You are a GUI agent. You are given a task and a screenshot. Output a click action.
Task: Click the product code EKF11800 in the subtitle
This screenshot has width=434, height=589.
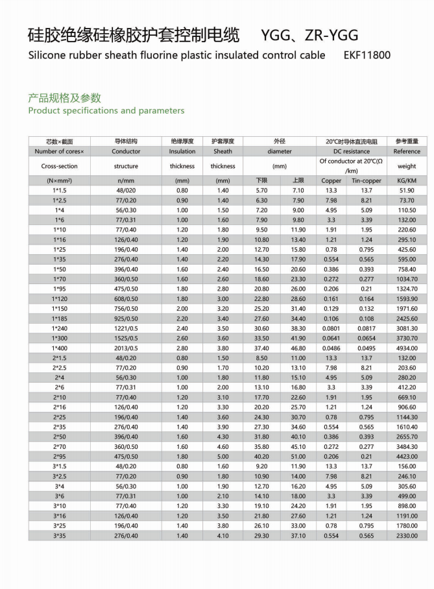pos(367,56)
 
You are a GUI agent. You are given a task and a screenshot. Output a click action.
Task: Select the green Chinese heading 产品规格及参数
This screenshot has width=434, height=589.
pos(65,98)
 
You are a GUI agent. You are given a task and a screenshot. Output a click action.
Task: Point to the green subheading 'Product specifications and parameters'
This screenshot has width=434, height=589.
pos(106,110)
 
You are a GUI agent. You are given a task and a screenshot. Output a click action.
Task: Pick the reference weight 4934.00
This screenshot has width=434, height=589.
pos(407,348)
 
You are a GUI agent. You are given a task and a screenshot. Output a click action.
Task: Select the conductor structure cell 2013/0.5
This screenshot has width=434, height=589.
pos(126,348)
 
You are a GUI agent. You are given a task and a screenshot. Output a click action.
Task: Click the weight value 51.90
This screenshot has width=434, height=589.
pos(407,191)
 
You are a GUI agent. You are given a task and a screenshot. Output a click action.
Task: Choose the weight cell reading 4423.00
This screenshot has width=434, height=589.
pos(407,457)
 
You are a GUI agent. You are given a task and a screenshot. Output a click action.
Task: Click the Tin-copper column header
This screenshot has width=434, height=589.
pos(367,180)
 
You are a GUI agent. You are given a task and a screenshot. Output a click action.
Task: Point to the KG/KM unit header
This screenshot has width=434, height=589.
pos(407,180)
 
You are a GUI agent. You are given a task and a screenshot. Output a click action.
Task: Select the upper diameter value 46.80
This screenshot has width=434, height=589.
pos(298,348)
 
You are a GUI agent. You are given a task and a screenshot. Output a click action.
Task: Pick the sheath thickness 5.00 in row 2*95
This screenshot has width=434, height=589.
pos(223,457)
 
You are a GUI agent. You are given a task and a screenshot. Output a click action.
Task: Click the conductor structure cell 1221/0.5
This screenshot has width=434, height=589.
pos(126,328)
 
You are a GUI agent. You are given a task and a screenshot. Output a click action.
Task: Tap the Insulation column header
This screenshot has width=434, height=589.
pos(182,151)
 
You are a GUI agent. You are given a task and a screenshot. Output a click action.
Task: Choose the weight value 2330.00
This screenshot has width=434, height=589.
pos(407,536)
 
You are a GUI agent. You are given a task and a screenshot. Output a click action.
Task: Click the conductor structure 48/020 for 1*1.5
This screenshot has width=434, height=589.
pos(126,191)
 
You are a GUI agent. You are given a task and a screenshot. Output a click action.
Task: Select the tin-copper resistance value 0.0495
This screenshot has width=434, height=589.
pos(367,348)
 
